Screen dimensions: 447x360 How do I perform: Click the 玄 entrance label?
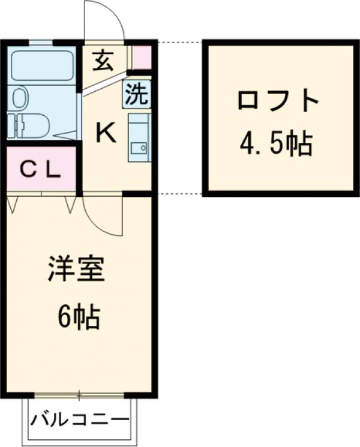point(103,61)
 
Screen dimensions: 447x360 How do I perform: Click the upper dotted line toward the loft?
point(179,42)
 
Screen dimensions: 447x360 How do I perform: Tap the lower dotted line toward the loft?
point(179,194)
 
